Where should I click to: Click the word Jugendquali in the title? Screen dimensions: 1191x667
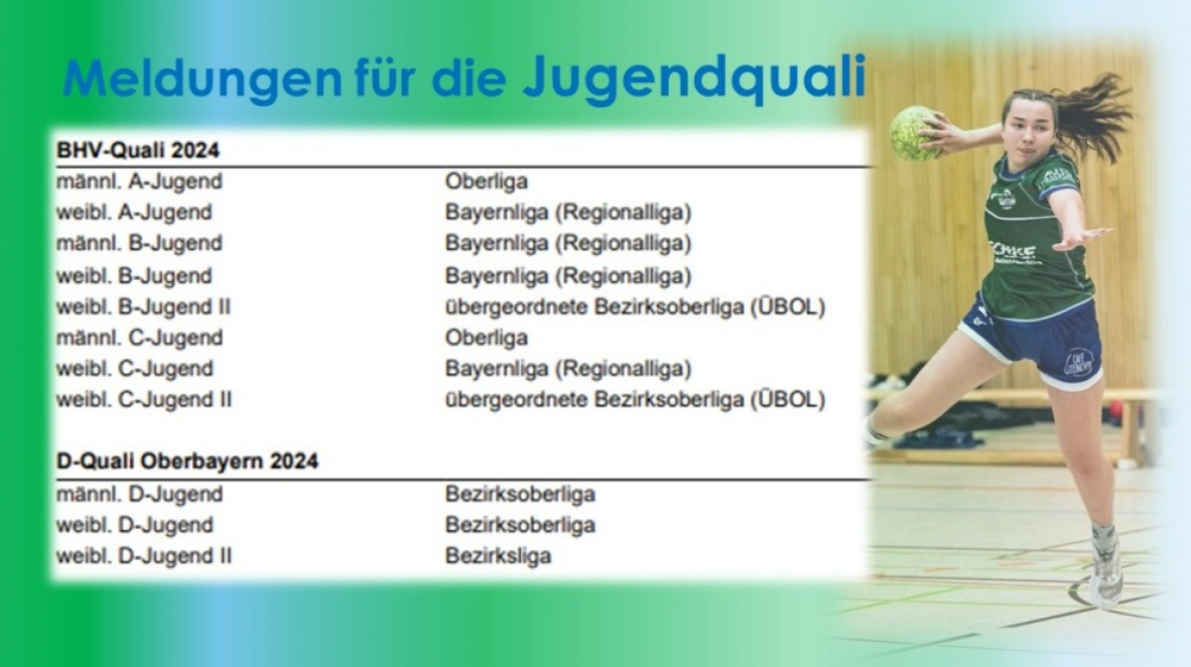pos(695,78)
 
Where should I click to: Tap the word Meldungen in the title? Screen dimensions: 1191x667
pos(202,78)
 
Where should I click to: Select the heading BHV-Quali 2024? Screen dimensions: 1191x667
pos(138,150)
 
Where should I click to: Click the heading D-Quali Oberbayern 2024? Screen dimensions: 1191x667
pos(188,461)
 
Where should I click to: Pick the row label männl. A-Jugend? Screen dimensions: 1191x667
pos(139,182)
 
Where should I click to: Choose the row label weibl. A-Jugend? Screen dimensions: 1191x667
pos(134,212)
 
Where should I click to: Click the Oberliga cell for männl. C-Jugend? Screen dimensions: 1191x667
pos(486,337)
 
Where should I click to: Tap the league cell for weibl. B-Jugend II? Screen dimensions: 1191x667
pos(635,307)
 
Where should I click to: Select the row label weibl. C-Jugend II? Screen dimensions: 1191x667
pos(144,399)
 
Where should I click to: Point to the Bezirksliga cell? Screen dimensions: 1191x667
pos(498,556)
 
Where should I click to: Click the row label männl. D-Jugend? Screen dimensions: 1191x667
pos(139,494)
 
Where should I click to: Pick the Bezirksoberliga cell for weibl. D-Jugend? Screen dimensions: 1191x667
pos(520,525)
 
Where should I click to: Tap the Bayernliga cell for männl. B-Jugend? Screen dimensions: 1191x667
pos(569,243)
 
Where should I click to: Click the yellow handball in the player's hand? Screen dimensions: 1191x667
pos(915,134)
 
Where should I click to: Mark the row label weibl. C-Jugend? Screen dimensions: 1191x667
pos(135,368)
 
